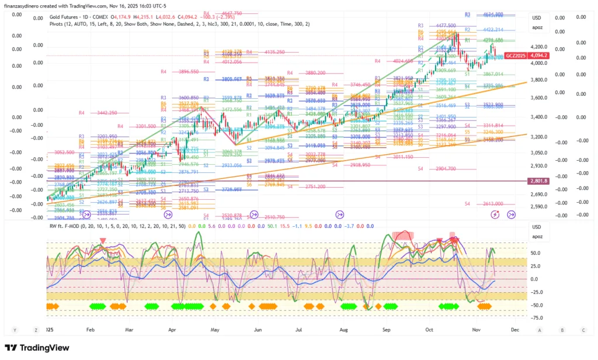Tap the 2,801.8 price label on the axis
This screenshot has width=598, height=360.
[x=538, y=181]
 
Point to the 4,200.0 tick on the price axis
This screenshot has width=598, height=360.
[x=538, y=46]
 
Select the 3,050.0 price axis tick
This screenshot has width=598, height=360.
[x=538, y=153]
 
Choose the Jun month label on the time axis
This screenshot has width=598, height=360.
[x=258, y=330]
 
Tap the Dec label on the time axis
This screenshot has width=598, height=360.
[x=514, y=330]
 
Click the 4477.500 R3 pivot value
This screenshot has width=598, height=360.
[x=446, y=26]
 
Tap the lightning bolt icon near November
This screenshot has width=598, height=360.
[x=496, y=215]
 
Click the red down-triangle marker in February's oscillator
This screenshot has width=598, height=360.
[x=103, y=240]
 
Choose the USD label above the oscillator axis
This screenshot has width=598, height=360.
[x=536, y=226]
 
